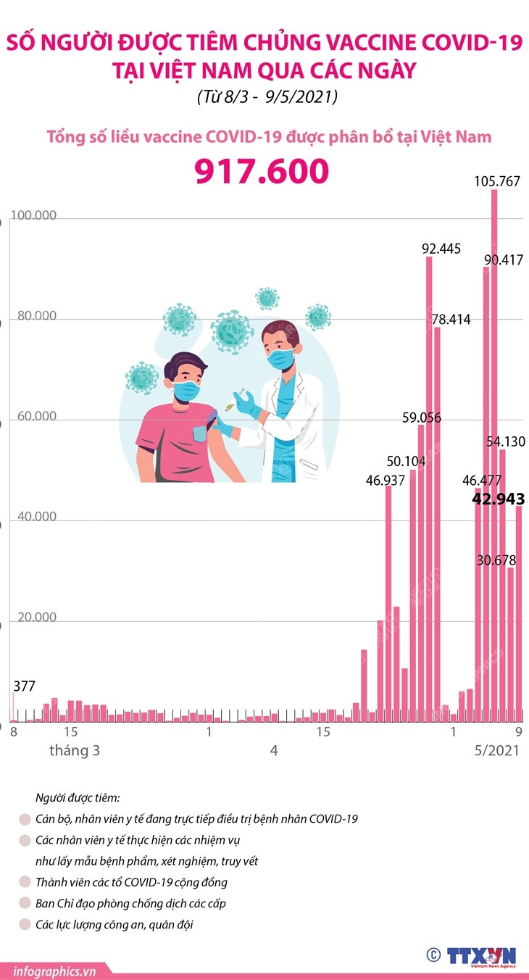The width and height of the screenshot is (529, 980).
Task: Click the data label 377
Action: pos(24,686)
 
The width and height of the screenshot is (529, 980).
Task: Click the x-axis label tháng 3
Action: pos(75,751)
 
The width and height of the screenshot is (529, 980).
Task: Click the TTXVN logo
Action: pos(481,956)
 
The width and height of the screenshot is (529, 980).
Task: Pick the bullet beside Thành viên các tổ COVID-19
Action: pos(25,883)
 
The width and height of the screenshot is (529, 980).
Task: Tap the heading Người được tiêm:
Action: pos(78,798)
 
